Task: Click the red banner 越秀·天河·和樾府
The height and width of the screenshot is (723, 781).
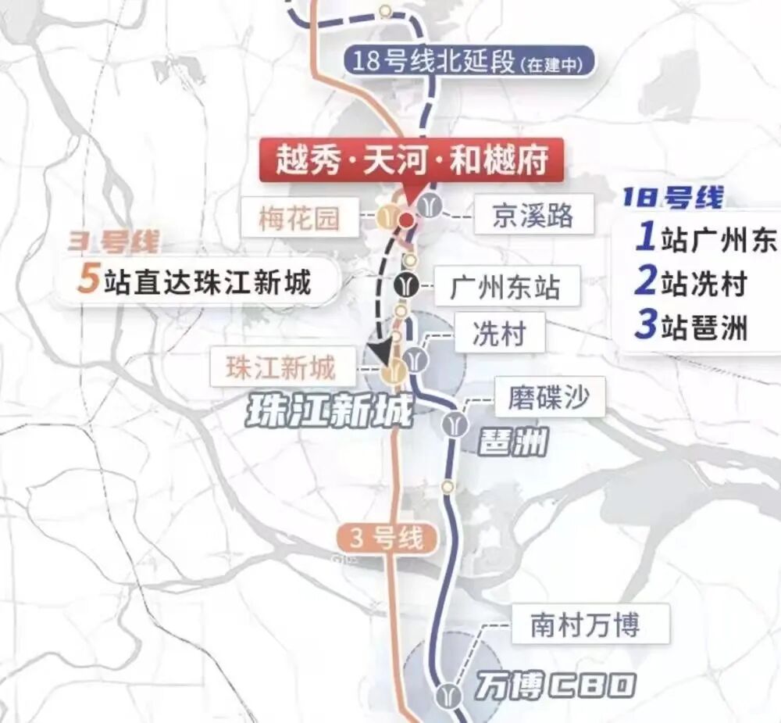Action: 411,159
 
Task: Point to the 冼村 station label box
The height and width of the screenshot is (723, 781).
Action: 497,335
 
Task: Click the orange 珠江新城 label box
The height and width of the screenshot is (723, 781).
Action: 280,367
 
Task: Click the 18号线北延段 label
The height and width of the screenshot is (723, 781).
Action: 469,62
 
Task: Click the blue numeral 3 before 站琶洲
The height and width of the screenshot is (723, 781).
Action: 644,325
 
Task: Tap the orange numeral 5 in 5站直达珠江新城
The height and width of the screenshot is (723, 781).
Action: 90,281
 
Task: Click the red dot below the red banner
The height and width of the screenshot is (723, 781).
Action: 406,220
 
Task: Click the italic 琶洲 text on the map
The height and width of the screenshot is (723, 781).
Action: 512,444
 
